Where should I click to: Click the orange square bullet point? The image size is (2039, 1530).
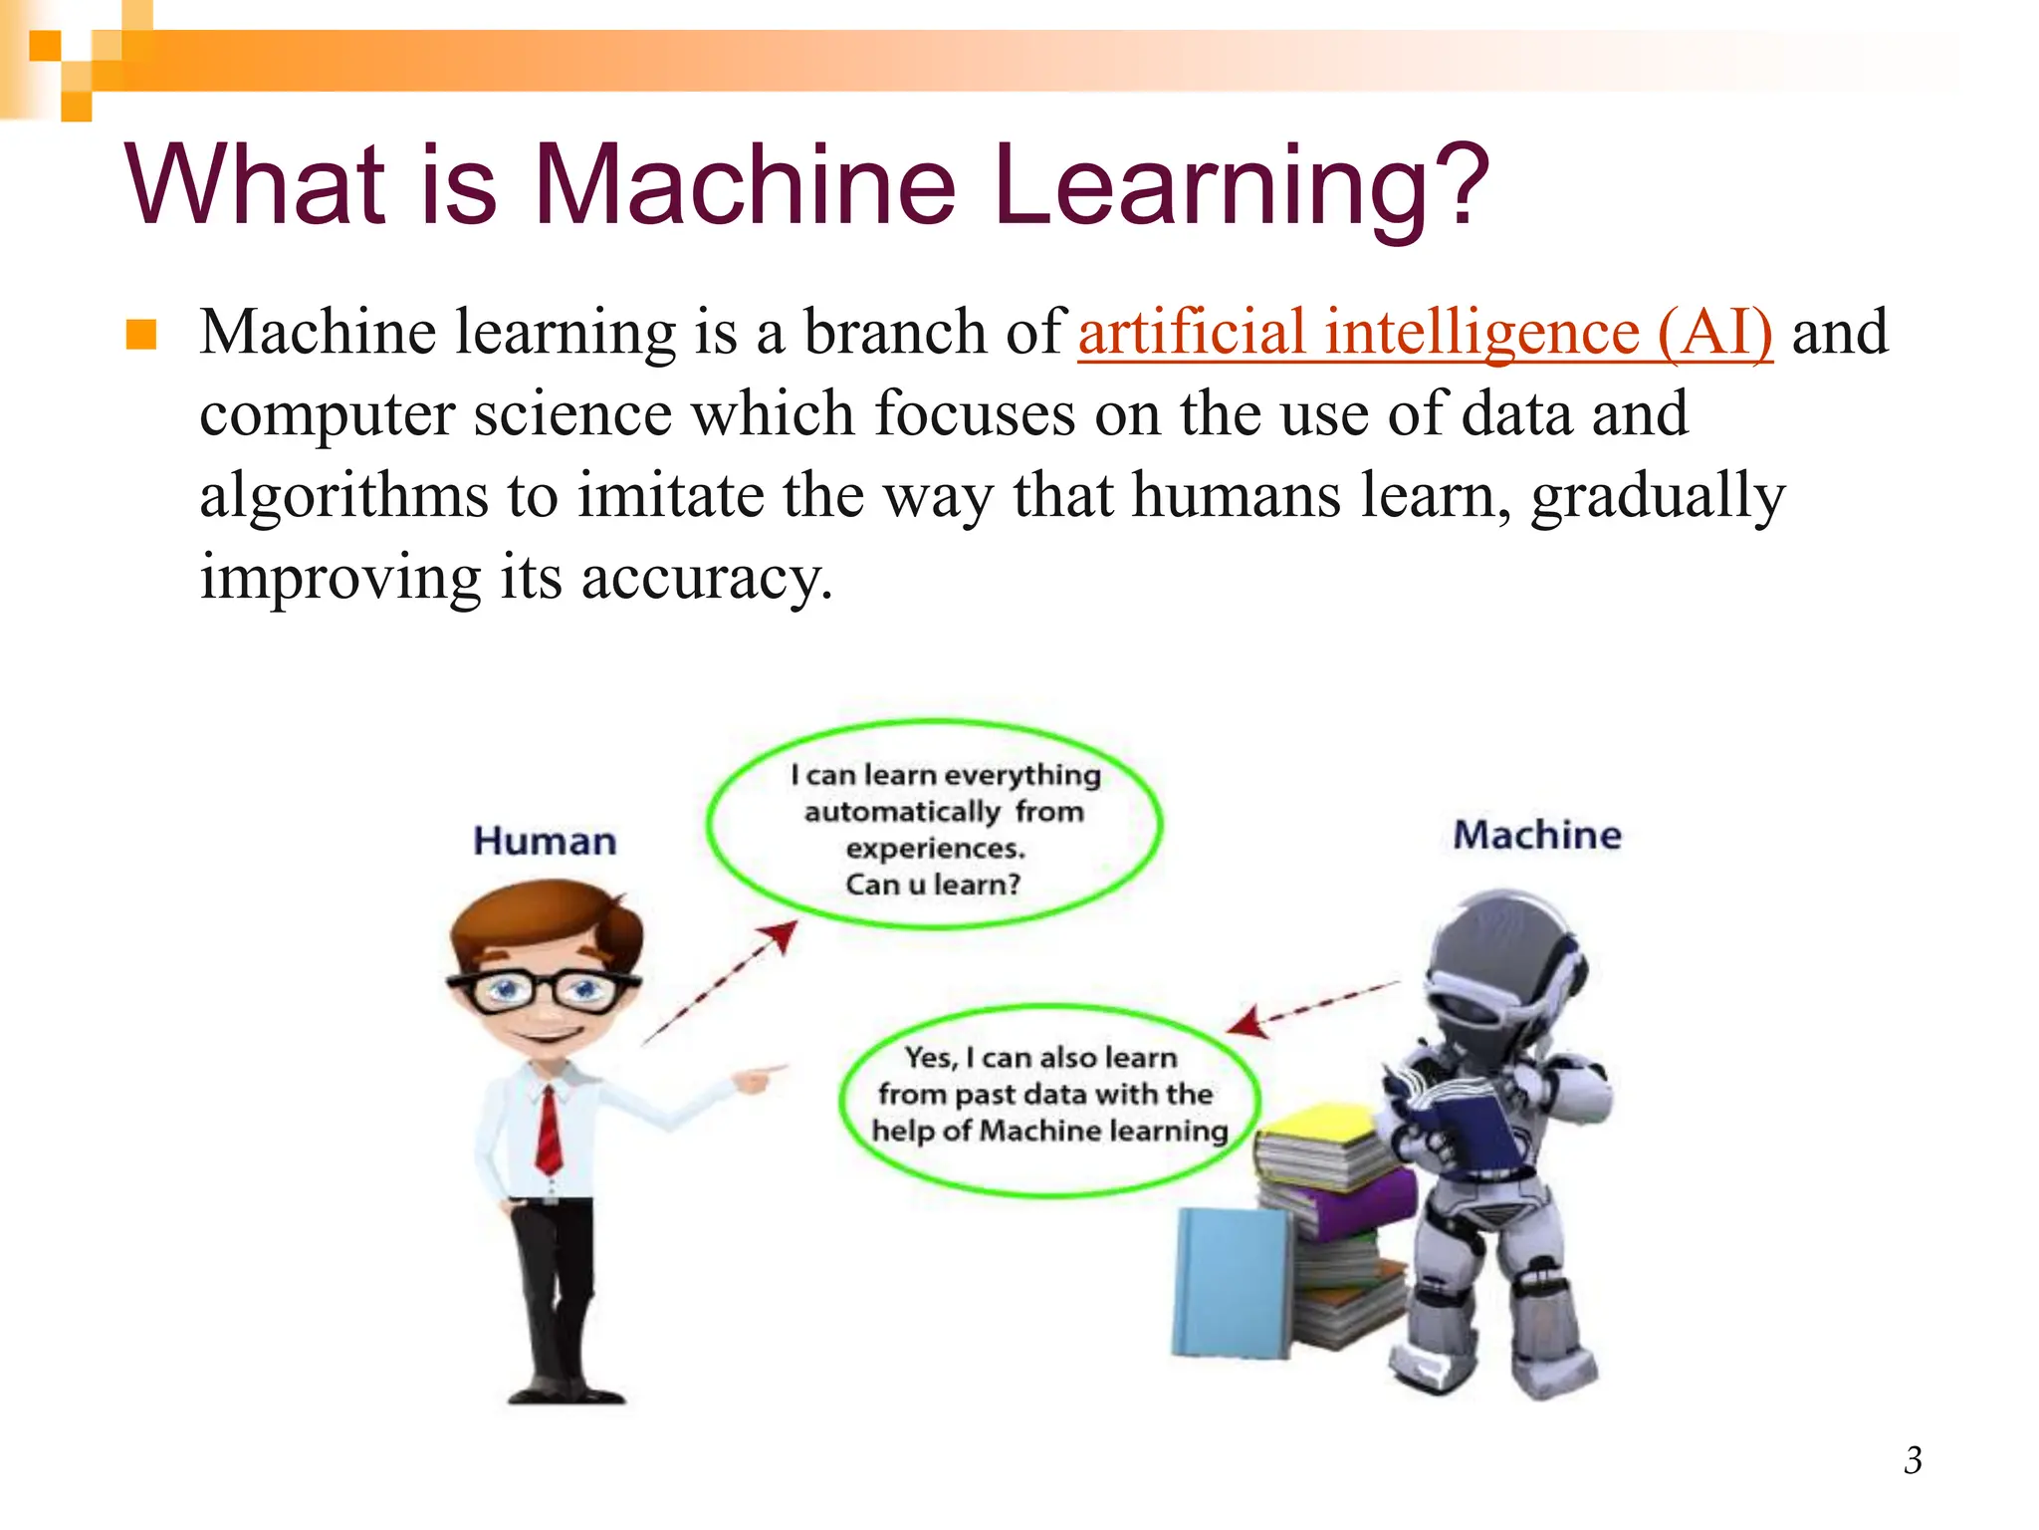(x=141, y=335)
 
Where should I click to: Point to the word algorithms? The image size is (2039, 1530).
(x=343, y=496)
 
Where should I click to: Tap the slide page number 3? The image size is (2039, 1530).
(x=1913, y=1460)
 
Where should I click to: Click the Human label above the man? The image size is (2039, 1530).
(x=545, y=842)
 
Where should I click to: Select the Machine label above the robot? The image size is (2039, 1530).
(x=1536, y=835)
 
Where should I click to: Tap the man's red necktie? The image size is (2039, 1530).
(x=549, y=1131)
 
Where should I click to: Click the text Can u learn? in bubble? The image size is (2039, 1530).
(x=933, y=885)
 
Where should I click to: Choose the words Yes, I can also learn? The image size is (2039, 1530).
(x=1040, y=1057)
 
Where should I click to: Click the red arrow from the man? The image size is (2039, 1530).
(x=722, y=981)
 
